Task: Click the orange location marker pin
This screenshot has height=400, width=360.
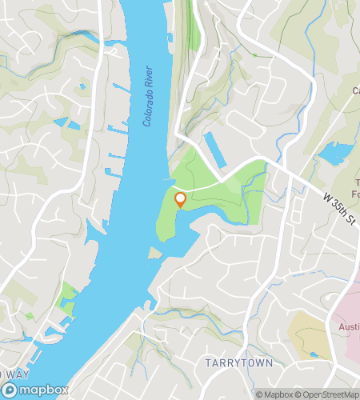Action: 180,199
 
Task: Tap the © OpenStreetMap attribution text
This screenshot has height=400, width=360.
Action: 327,394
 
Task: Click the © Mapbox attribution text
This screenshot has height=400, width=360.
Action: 273,394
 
